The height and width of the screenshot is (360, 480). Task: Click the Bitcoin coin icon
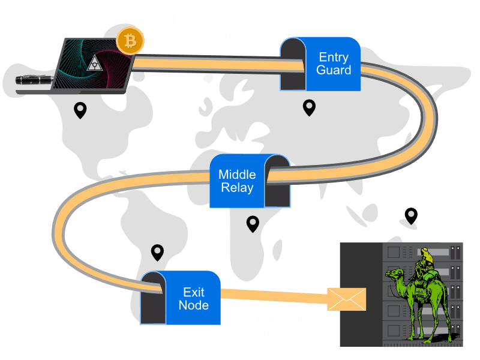(130, 41)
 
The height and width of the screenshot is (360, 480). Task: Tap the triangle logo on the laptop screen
(95, 64)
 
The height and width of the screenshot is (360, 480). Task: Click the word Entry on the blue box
(334, 57)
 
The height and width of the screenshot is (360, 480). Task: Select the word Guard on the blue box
(334, 70)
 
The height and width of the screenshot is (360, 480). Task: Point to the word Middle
(237, 175)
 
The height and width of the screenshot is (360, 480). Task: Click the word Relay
(237, 188)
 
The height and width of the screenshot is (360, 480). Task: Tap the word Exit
(194, 292)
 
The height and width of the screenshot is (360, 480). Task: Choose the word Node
(194, 305)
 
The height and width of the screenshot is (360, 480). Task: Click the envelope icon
(347, 299)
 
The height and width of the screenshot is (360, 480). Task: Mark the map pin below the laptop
(80, 110)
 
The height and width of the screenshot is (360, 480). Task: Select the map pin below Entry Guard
(309, 108)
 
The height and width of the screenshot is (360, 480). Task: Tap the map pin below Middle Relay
(253, 224)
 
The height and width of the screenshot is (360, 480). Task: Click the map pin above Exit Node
(157, 253)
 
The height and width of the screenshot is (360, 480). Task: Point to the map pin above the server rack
(411, 216)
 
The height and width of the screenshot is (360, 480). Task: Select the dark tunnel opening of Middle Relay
(277, 184)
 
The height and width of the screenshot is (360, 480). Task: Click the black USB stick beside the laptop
(34, 80)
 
